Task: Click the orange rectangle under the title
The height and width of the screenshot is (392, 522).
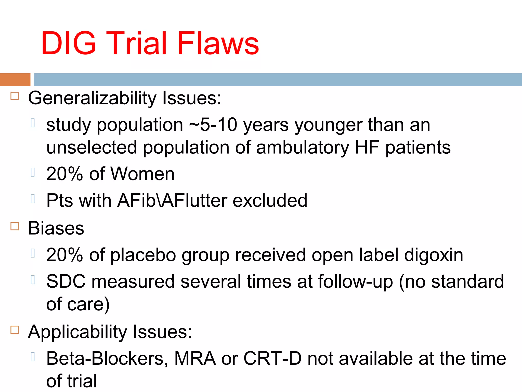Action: point(15,80)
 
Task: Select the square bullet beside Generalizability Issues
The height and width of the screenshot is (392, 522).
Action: point(15,96)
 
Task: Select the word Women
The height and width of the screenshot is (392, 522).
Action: point(142,174)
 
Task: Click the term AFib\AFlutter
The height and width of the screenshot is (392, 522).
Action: point(172,200)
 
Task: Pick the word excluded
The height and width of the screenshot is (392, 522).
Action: point(270,200)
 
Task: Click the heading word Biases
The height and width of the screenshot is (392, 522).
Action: point(56,228)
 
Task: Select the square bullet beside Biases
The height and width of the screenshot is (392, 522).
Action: point(15,226)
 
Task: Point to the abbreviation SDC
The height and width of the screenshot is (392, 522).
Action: point(66,281)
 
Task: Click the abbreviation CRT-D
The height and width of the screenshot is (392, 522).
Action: point(272,359)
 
